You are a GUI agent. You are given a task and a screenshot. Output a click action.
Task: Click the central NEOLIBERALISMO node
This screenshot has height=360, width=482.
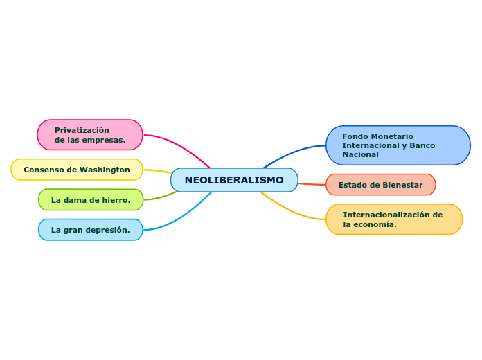tap(234, 180)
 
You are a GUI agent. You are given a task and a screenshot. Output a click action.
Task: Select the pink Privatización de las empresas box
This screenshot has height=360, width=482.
tap(90, 135)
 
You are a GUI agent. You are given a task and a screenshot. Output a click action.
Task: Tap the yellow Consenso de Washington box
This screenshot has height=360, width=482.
tap(77, 170)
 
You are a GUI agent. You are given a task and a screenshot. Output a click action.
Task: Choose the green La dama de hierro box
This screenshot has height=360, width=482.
tap(91, 200)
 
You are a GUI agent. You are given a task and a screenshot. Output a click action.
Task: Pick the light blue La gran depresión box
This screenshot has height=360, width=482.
tap(91, 230)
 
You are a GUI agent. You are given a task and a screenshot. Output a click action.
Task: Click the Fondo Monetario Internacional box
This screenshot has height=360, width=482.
tap(398, 145)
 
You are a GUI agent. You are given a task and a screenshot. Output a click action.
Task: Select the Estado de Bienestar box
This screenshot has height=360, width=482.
tap(380, 185)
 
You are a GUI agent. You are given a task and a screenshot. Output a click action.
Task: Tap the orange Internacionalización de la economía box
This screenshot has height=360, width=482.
tap(394, 219)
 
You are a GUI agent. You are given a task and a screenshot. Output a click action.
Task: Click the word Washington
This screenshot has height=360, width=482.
tap(105, 170)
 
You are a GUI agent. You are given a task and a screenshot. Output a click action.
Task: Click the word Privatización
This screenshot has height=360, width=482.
tap(82, 130)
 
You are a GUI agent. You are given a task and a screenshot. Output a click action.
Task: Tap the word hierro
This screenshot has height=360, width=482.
tap(117, 200)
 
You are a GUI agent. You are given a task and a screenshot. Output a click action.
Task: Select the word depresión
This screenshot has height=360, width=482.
tap(109, 230)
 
